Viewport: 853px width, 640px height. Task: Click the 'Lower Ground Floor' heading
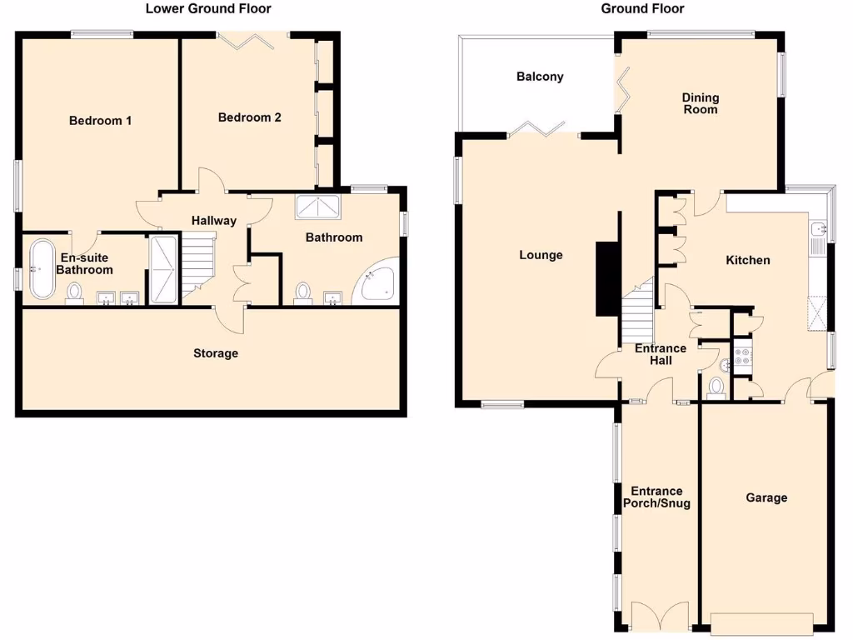point(208,9)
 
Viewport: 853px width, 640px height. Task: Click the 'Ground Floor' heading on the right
point(643,9)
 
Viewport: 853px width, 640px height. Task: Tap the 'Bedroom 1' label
point(100,121)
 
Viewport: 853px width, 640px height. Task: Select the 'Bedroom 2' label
point(249,117)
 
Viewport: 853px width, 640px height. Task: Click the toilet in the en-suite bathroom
point(75,292)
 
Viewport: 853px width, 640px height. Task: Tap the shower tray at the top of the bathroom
point(316,207)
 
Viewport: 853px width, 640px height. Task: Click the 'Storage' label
point(216,353)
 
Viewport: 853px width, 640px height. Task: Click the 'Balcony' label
point(540,77)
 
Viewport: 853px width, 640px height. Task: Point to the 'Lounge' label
point(541,255)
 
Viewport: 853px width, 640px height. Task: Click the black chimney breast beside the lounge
point(606,278)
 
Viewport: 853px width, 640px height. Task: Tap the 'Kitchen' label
point(748,260)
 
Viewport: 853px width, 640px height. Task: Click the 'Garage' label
point(766,497)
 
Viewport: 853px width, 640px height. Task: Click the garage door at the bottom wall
point(762,622)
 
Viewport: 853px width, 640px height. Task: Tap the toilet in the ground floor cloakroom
point(716,387)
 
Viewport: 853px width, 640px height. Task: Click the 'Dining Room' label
point(701,103)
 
